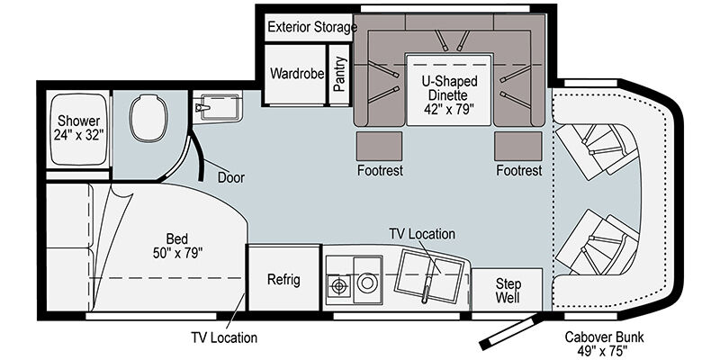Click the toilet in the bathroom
148,118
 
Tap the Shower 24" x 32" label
78,128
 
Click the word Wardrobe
297,74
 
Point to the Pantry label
340,74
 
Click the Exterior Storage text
312,27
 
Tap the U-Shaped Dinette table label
449,95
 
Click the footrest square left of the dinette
379,146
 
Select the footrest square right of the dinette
518,146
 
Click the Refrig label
283,280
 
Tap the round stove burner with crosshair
339,286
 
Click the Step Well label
508,290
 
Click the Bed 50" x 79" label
177,246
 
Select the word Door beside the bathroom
231,177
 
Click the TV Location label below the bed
224,338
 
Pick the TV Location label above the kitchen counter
422,234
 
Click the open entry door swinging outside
509,331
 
